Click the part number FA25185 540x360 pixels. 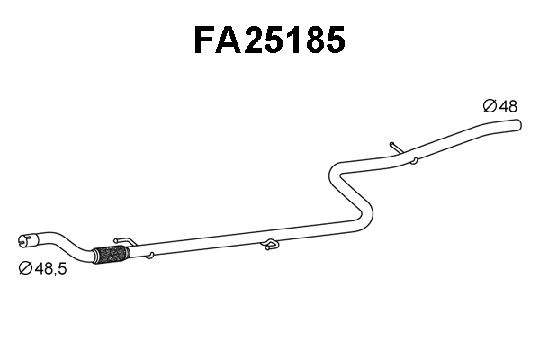click(x=269, y=40)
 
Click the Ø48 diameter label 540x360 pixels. click(x=500, y=106)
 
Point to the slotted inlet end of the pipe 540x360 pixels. click(x=25, y=240)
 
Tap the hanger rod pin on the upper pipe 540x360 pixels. click(x=393, y=147)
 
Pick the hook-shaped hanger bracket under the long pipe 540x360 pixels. click(x=269, y=243)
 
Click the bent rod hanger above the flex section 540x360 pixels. click(x=126, y=241)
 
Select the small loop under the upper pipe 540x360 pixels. click(x=413, y=162)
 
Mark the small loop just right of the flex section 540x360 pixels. click(x=150, y=256)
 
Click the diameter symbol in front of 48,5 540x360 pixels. click(x=25, y=267)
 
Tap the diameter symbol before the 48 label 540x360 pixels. click(x=490, y=106)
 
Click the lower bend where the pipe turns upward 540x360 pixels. click(x=364, y=216)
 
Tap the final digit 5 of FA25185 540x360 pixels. click(x=333, y=40)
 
